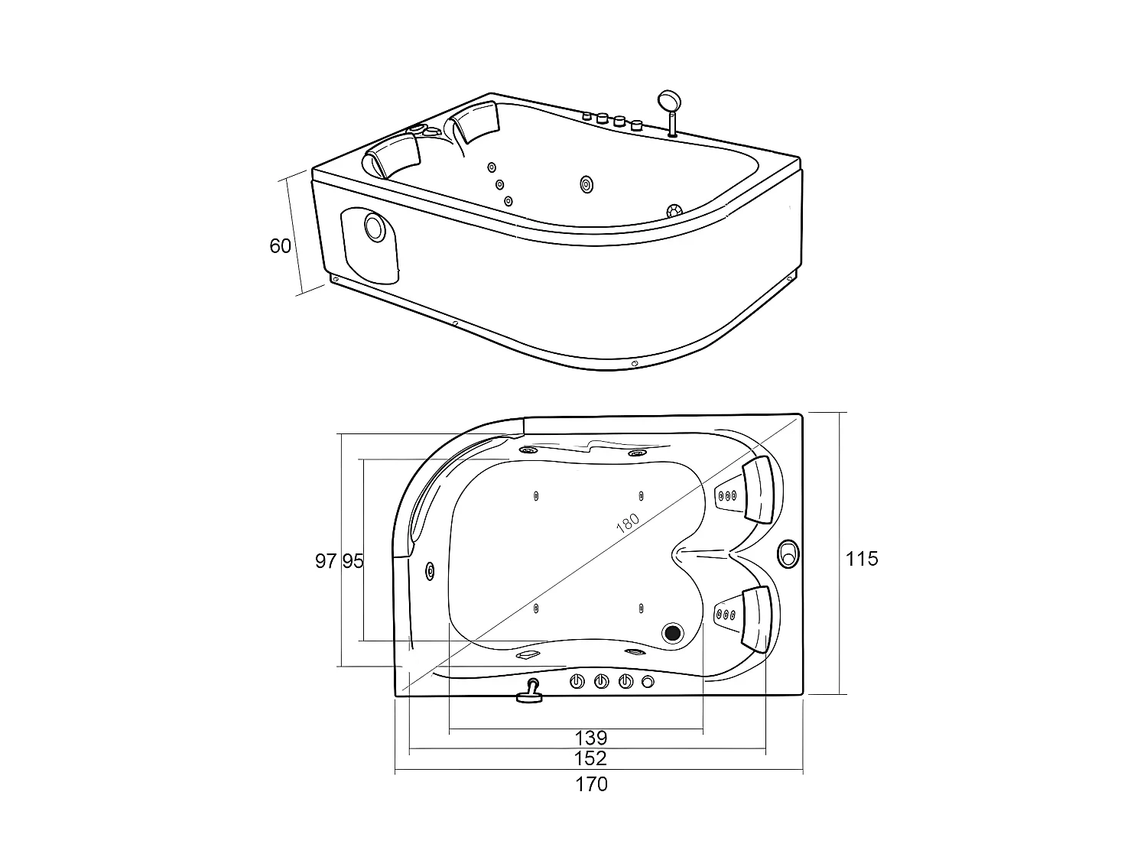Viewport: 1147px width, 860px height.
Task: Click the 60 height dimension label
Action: pos(280,245)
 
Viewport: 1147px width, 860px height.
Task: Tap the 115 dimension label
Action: pos(862,560)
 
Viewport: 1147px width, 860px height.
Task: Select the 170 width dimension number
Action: pos(592,784)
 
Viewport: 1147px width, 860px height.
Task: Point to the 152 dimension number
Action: pos(590,758)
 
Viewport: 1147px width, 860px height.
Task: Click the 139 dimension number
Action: pos(591,738)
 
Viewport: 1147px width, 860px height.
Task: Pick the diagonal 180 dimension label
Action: pos(628,523)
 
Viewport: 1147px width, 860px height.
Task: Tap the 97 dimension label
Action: pos(326,561)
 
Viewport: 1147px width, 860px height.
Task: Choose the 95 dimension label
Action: pos(353,561)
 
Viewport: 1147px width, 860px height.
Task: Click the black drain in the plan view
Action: pos(672,633)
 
